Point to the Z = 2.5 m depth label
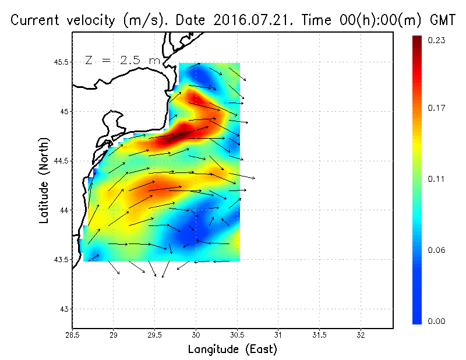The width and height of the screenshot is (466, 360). (122, 60)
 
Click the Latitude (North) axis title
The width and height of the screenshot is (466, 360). (44, 181)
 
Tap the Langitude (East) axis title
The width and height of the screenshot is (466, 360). (232, 350)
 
